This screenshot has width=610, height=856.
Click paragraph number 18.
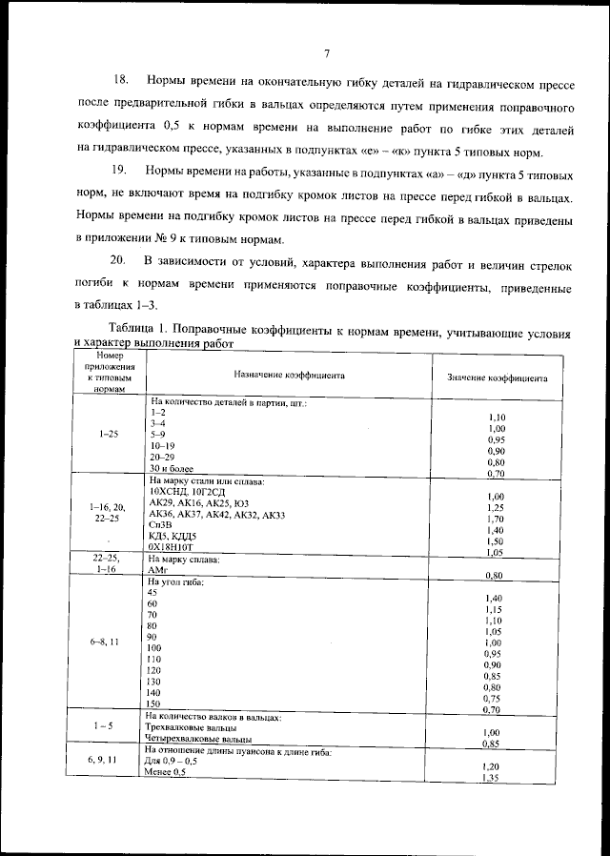122,78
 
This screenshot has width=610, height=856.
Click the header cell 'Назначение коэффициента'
290,376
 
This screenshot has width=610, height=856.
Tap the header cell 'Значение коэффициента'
497,377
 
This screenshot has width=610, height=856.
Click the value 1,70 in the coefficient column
495,520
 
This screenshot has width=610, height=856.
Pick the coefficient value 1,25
495,508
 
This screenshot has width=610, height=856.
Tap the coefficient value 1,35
492,779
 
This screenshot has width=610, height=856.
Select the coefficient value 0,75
493,698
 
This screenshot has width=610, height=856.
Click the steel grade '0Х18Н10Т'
173,548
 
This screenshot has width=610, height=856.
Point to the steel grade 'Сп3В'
161,525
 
